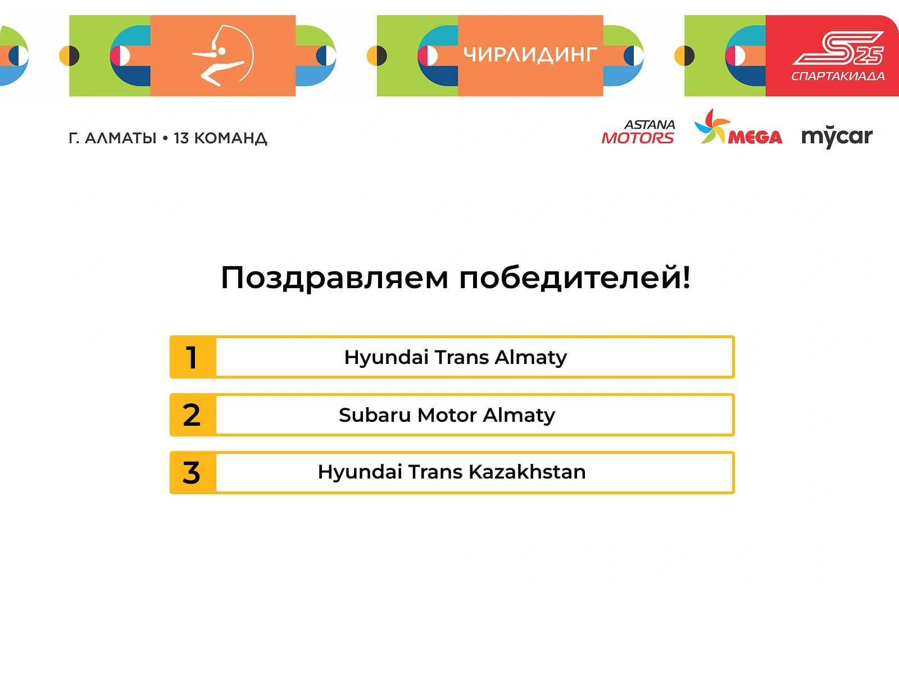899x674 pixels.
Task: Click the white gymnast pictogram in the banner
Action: point(223,56)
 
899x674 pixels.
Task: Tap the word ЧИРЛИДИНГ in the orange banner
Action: point(530,55)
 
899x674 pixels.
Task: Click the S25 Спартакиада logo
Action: point(838,56)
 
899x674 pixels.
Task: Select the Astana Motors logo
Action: point(638,132)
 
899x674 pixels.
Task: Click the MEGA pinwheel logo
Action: point(738,126)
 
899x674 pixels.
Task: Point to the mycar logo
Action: point(837,136)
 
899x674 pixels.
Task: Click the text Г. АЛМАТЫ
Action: point(112,138)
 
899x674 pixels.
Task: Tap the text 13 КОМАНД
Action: point(220,138)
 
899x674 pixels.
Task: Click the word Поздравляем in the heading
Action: point(334,278)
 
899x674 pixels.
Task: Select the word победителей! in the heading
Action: point(575,277)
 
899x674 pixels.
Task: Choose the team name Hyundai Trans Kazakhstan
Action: point(452,472)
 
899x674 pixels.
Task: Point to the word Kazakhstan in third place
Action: point(527,472)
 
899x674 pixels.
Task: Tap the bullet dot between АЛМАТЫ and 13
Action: point(165,138)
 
